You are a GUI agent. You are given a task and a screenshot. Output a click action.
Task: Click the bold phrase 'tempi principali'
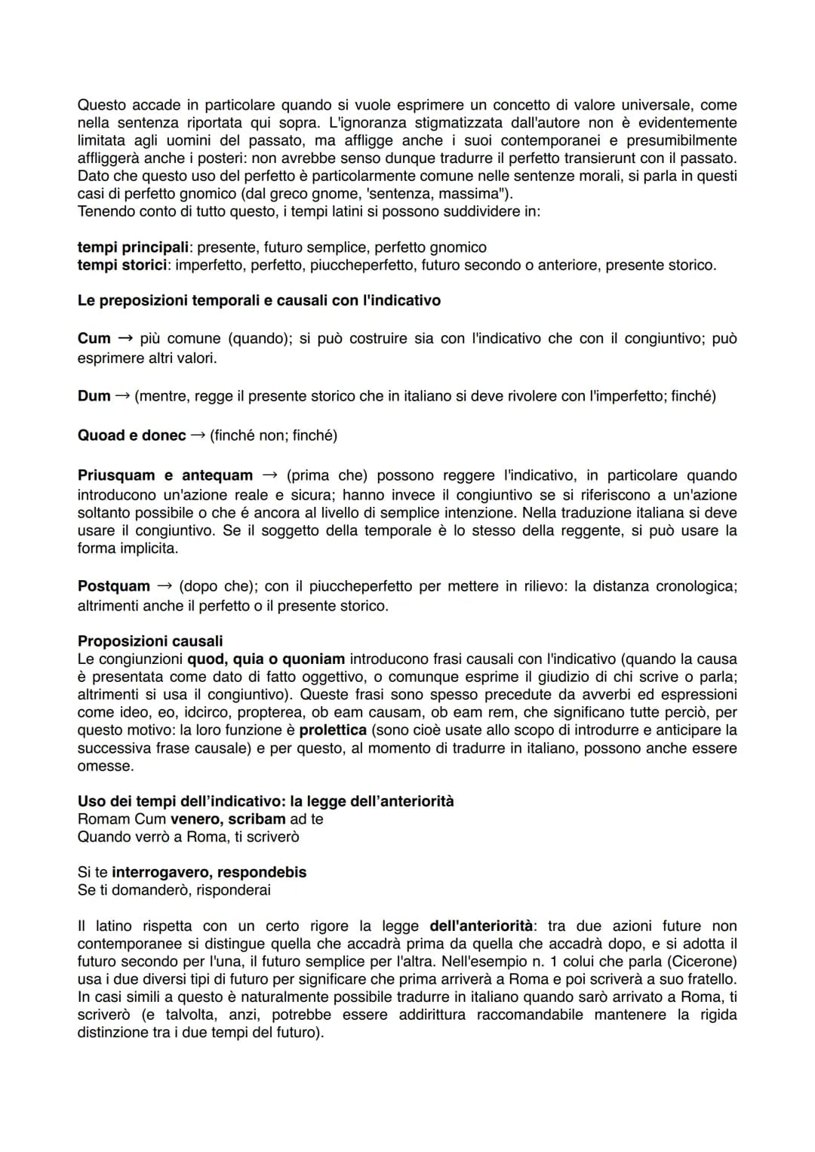(132, 247)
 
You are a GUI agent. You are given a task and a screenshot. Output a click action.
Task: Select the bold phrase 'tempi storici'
(121, 265)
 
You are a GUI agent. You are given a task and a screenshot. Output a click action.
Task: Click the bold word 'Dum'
(94, 396)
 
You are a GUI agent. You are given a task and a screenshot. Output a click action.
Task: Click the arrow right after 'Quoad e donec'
(198, 435)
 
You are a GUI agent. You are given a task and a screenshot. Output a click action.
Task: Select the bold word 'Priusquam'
(114, 475)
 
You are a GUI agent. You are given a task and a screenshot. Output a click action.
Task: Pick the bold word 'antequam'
(217, 475)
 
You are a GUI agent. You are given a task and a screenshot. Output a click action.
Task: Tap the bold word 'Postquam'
(114, 586)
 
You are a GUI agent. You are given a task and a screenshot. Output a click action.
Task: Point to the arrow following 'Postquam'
(165, 586)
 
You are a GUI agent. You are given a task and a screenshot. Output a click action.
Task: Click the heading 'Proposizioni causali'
(150, 641)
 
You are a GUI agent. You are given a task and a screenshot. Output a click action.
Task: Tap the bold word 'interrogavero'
(161, 872)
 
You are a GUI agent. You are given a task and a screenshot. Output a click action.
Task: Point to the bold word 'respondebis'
(262, 872)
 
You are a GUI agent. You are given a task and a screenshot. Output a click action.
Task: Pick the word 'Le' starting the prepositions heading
(85, 300)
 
